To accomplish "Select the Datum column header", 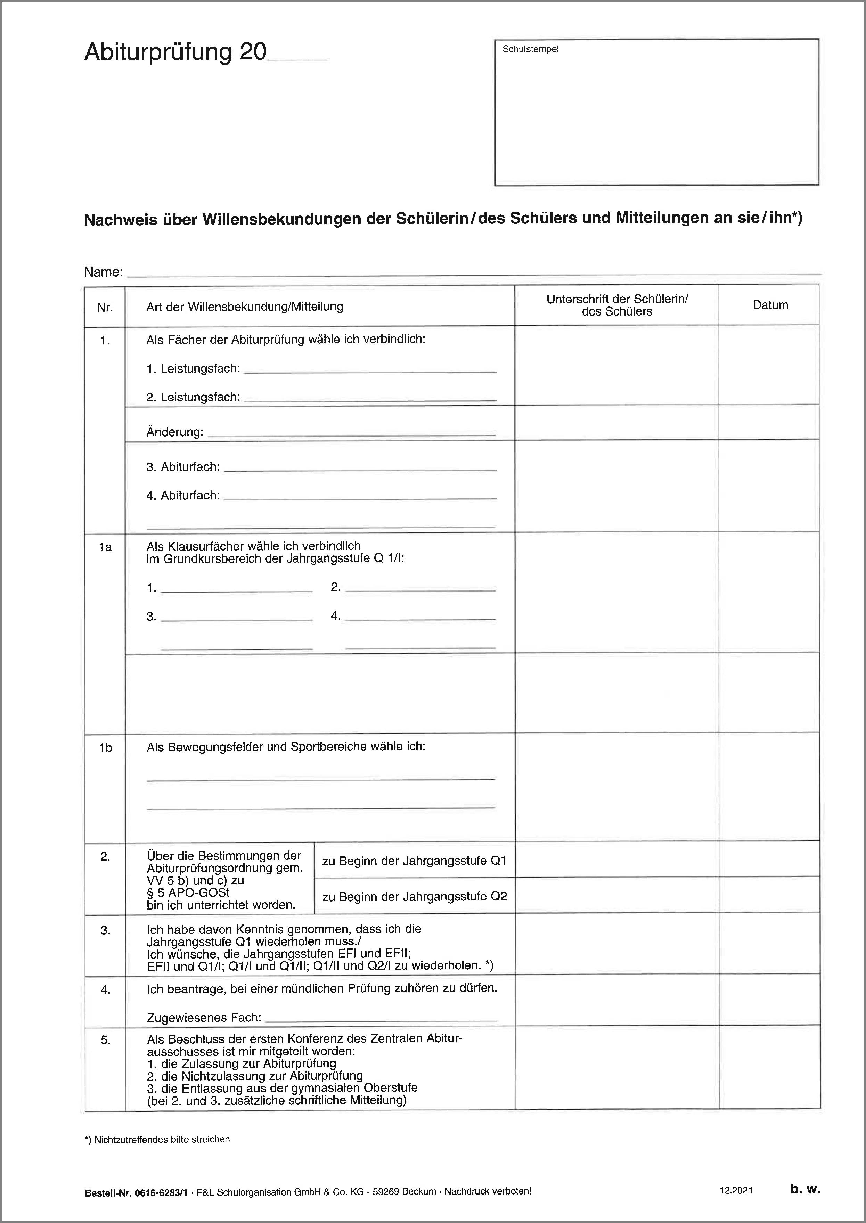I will click(x=770, y=305).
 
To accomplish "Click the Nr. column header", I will click(x=105, y=307).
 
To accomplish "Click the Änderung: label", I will click(x=175, y=432).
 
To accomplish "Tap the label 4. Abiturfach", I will click(x=183, y=496).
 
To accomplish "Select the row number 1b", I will click(x=106, y=748).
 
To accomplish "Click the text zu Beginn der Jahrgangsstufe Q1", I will click(x=414, y=860).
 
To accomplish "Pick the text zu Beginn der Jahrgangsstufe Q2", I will click(x=414, y=897).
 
